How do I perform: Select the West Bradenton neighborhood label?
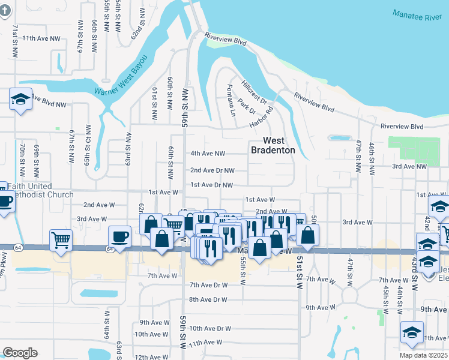tap(273, 145)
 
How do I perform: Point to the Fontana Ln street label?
tap(231, 97)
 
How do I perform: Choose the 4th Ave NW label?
tap(208, 154)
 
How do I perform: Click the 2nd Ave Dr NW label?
tap(212, 170)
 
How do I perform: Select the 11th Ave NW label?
tap(41, 38)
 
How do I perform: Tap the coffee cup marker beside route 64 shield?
tap(119, 236)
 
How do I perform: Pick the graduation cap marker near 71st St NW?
tap(20, 100)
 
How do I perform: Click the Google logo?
tap(20, 353)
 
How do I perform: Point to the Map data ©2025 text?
tap(423, 355)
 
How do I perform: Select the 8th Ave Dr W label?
tap(208, 299)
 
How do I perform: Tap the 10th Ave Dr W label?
tap(209, 328)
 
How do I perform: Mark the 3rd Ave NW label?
tap(412, 166)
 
